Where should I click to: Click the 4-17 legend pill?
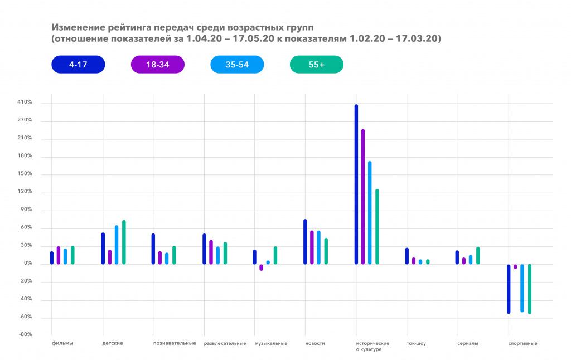(78, 65)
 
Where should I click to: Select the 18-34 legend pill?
(158, 65)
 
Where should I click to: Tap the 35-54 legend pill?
(237, 65)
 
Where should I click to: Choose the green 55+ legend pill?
(317, 65)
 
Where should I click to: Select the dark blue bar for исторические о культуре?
(356, 184)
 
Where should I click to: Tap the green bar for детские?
(124, 242)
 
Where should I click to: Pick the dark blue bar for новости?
(305, 241)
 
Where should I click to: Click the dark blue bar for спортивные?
(509, 289)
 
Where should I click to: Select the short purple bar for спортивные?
(515, 266)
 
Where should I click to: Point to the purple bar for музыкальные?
(261, 267)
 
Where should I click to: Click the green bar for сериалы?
(478, 255)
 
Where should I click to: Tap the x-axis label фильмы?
(62, 343)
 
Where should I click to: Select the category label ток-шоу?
(416, 343)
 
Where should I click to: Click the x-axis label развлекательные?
(225, 343)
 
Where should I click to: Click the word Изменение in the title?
(74, 27)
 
